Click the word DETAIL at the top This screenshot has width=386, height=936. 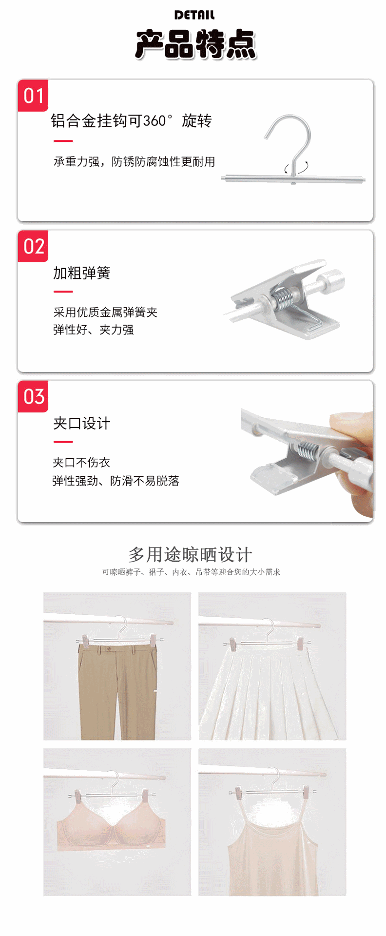(194, 15)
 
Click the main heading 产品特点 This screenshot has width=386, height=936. (195, 44)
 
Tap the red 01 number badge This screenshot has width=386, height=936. (33, 96)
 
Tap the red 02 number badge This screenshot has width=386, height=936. (33, 247)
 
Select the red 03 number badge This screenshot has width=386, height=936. (33, 397)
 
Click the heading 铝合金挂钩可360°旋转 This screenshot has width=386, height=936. (131, 121)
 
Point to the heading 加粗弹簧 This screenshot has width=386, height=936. (81, 273)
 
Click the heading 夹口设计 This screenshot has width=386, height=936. (81, 423)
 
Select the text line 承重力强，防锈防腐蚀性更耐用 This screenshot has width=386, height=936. (134, 162)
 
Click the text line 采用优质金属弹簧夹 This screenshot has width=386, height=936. (105, 312)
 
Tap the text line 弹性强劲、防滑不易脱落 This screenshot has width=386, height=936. (116, 481)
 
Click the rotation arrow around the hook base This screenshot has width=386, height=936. (297, 167)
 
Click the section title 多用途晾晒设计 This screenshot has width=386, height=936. (190, 555)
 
